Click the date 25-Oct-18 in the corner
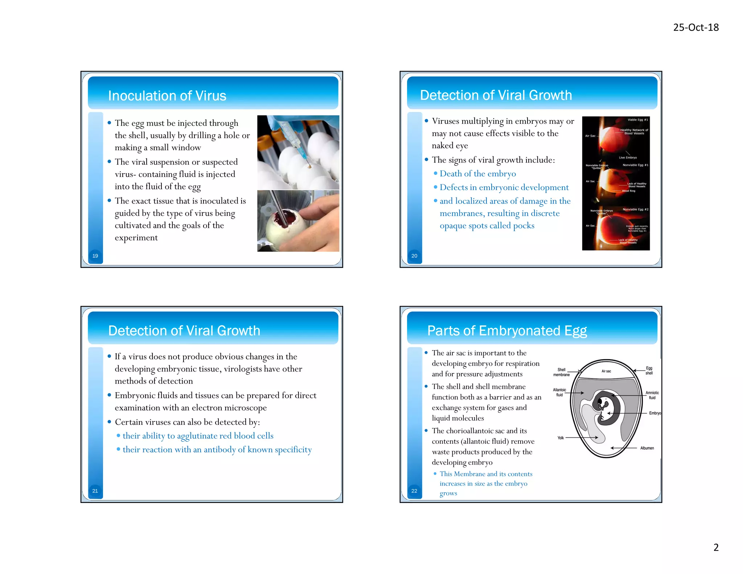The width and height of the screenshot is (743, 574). coord(695,28)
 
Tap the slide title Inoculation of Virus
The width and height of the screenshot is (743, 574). coord(167,96)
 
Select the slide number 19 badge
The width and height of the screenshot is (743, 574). coord(95,256)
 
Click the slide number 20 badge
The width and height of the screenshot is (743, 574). coord(414,256)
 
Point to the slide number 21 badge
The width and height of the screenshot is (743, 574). coord(95,491)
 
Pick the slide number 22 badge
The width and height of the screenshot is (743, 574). coord(414,491)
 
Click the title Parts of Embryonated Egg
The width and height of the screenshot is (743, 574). coord(507,331)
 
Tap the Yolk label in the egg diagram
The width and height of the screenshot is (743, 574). coord(561,438)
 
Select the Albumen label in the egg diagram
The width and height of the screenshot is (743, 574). coord(647,448)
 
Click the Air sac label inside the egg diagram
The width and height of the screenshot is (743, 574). coord(606,371)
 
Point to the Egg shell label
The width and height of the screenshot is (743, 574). coord(649,370)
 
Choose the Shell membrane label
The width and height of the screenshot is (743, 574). coord(561,372)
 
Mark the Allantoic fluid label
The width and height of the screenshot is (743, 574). coord(559,392)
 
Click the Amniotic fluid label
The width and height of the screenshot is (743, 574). coord(652,395)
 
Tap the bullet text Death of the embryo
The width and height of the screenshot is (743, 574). coord(477,174)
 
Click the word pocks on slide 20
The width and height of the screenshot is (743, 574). coord(524,226)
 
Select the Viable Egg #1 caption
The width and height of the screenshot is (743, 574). coord(638,120)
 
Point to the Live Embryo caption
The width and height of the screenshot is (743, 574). coord(628,157)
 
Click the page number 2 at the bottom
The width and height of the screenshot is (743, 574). coord(716,547)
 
